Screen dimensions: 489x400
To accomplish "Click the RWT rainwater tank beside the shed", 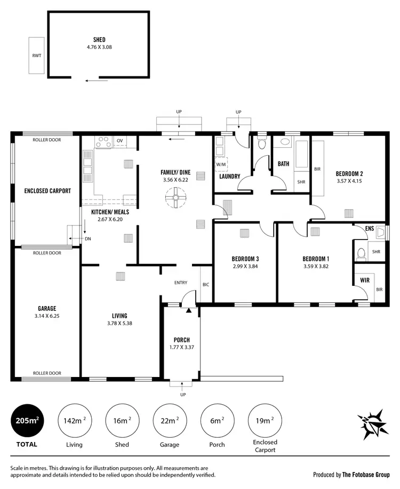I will tap(36, 55).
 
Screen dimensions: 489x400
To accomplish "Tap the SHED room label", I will tap(99, 39).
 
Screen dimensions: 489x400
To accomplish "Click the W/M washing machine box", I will tap(221, 165).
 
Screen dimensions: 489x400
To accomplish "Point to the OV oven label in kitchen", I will tap(119, 141).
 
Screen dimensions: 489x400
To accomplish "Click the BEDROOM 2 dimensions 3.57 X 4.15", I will tap(349, 181).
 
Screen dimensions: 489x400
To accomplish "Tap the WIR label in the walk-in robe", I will tap(365, 279).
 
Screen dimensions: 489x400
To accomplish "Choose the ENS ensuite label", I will tap(370, 229).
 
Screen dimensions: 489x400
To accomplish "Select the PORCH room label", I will tap(182, 340).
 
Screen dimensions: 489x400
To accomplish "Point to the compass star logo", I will tap(371, 423).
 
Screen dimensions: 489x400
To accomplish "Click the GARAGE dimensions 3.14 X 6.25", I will tap(47, 316).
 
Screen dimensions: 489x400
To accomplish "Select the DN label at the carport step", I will tap(87, 239).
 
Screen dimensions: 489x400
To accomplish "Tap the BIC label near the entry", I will tap(206, 285).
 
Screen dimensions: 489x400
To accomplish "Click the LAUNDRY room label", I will tap(229, 177).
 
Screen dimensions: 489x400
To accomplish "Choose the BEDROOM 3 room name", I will tap(245, 259).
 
